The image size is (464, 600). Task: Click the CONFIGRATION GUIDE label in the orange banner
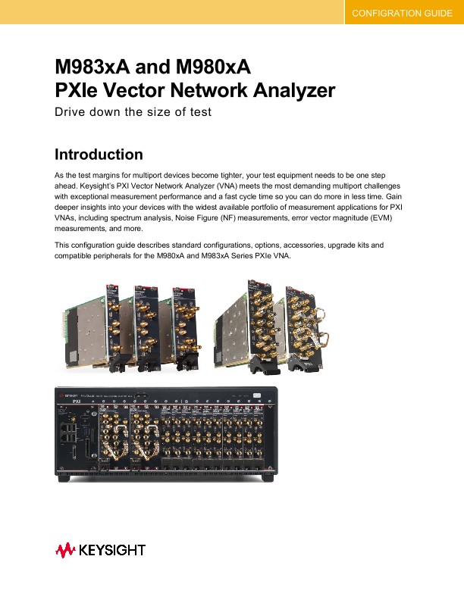pyautogui.click(x=403, y=14)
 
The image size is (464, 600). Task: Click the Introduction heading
pyautogui.click(x=99, y=155)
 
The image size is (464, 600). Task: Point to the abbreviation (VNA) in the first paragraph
pyautogui.click(x=236, y=185)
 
